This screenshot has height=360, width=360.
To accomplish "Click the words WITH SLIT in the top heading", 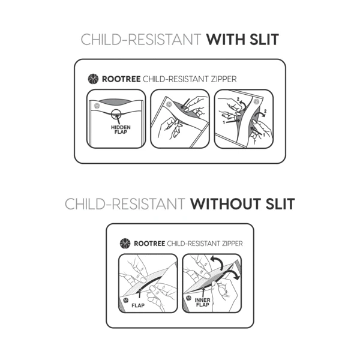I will (x=242, y=40).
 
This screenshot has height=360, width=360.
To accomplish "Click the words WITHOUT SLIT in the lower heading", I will (x=242, y=204).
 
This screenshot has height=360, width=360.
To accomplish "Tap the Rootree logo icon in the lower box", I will (x=125, y=243).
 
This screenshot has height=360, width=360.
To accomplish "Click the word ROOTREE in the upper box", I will (x=117, y=78).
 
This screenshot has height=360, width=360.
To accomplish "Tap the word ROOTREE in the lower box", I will (x=149, y=243).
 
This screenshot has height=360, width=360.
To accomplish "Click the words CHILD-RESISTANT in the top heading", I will (x=141, y=40).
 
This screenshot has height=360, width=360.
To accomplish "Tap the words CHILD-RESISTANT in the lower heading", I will (x=125, y=204).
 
